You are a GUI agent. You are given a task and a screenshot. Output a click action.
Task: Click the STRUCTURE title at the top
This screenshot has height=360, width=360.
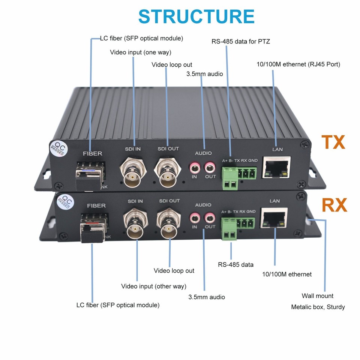pos(196,17)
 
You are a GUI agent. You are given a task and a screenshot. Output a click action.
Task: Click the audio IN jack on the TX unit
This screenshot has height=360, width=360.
pos(194,166)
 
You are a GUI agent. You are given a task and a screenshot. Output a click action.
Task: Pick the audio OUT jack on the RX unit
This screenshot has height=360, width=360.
pos(209,217)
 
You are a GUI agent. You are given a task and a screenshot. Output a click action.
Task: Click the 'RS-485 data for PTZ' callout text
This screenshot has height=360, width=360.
pos(241,41)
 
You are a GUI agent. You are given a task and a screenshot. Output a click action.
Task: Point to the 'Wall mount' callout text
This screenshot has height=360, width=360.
pos(317,296)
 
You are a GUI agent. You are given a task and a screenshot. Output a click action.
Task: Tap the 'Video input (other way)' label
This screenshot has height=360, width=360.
pos(153,286)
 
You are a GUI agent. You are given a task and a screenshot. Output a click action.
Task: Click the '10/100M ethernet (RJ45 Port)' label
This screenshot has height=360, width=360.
pos(298,64)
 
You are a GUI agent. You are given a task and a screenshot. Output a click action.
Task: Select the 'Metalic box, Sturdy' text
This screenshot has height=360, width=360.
pos(318,307)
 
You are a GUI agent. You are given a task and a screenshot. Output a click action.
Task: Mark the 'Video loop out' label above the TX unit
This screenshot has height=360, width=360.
pos(172,65)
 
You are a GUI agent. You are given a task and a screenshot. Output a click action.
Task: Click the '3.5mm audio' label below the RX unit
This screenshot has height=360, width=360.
pos(206,297)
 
